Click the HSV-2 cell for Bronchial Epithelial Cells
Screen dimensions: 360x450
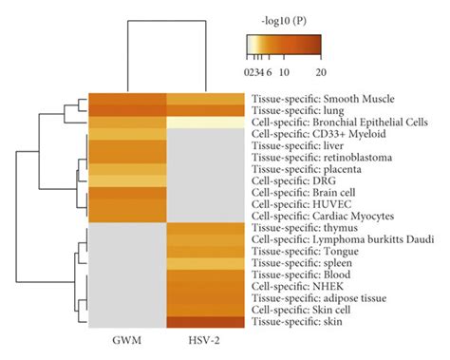point(206,123)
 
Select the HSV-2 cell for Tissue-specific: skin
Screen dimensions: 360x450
point(206,322)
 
